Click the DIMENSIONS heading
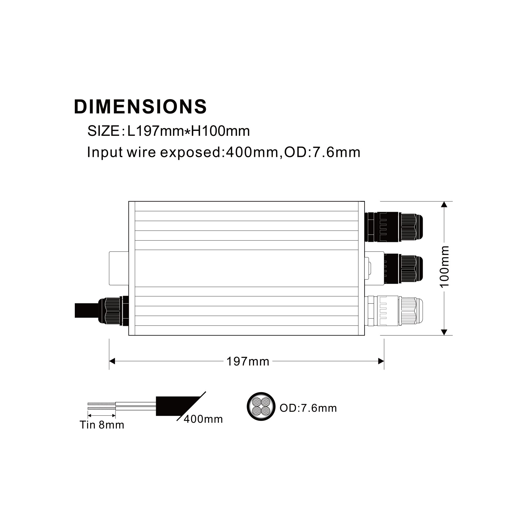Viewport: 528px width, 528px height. click(x=140, y=107)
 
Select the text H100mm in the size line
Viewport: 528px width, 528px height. click(x=220, y=131)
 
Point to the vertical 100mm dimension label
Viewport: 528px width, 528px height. click(x=445, y=267)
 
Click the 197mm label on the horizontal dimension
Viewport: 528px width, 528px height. click(x=248, y=361)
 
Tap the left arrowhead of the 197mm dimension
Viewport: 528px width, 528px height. click(x=112, y=361)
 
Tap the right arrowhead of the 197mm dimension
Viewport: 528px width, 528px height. click(x=381, y=361)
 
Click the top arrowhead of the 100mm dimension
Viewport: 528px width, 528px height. click(x=444, y=204)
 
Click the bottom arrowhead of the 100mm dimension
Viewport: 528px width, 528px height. click(x=444, y=332)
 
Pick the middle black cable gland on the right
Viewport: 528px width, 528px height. click(x=403, y=269)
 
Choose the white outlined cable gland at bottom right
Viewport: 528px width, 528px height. click(x=393, y=311)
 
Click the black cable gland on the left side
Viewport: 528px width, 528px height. click(x=113, y=311)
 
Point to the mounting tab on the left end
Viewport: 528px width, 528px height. click(x=119, y=268)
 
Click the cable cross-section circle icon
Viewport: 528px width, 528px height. click(x=261, y=406)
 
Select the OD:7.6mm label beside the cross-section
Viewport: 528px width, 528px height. click(x=308, y=408)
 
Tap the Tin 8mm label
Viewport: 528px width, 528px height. click(x=102, y=425)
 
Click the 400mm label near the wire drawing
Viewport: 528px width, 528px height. click(x=203, y=419)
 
